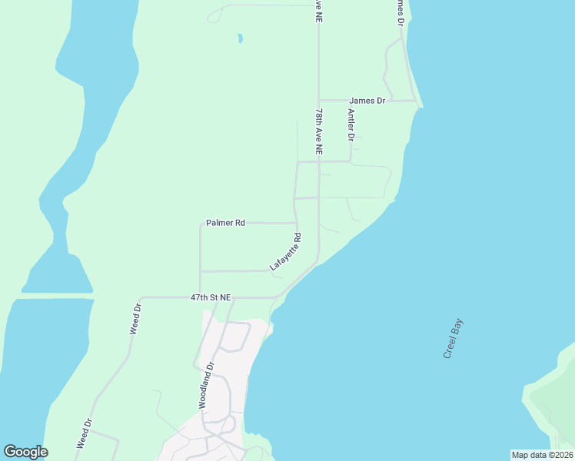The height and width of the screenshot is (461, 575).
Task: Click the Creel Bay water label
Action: coord(454,339)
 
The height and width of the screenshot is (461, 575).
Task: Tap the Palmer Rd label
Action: coord(225,223)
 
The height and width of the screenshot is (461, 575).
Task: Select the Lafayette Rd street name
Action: coord(285,252)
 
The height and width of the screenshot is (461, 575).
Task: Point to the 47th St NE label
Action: coord(211,297)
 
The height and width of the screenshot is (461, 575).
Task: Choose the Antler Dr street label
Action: coord(351,125)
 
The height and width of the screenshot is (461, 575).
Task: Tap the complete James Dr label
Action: coord(367,101)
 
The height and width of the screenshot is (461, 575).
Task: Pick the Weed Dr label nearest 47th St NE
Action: coord(135,319)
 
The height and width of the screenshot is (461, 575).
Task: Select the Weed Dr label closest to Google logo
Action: coord(84,433)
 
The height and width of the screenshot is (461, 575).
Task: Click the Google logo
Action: coord(25,452)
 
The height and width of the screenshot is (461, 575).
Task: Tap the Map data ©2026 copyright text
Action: coord(542,455)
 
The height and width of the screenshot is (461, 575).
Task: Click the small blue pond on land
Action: coord(241,38)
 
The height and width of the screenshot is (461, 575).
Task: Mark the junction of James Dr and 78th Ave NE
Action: coord(319,100)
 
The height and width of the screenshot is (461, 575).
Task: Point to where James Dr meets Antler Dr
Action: coord(351,100)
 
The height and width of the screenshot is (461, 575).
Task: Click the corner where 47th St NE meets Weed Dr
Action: coord(139,297)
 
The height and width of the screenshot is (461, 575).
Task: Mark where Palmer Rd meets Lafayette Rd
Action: coord(297,223)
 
